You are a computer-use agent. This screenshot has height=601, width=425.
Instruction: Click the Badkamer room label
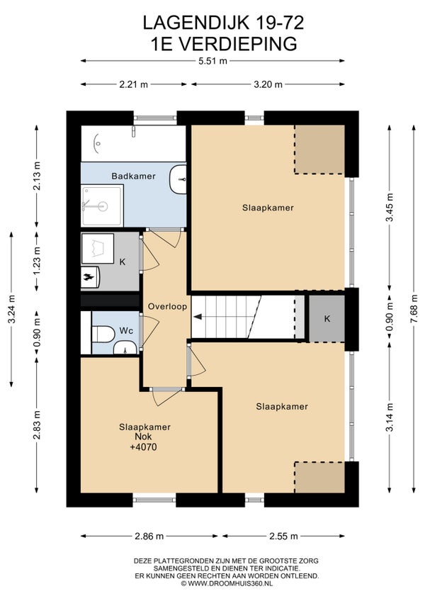[133, 176]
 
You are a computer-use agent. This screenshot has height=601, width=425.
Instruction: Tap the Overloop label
[167, 307]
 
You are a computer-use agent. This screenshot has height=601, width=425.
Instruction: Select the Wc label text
[126, 330]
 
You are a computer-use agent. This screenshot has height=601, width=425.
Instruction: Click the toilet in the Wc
[103, 334]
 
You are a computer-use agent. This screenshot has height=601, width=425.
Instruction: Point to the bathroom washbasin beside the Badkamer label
[178, 179]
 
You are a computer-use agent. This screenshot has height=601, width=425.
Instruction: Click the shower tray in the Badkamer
[102, 206]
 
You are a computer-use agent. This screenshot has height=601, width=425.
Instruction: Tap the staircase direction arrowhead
[198, 317]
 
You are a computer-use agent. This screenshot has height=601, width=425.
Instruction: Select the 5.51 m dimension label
[212, 60]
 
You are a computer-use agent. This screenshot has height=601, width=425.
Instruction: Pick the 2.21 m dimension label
[133, 84]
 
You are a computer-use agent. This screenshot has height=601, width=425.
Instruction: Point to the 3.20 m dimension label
[268, 84]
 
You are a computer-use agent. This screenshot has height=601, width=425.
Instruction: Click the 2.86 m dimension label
[149, 537]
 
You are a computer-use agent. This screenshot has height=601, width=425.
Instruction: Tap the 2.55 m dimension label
[283, 537]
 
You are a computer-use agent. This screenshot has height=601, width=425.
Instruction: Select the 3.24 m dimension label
[11, 309]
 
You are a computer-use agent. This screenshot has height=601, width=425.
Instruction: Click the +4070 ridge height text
[143, 447]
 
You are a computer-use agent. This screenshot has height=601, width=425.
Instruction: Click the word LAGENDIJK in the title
[195, 23]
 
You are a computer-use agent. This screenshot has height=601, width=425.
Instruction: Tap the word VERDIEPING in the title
[237, 44]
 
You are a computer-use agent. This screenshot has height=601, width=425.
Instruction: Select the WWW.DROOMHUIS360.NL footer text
[229, 583]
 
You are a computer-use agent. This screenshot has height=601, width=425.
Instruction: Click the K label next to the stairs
[327, 319]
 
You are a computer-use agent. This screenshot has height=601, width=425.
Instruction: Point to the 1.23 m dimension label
[37, 261]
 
